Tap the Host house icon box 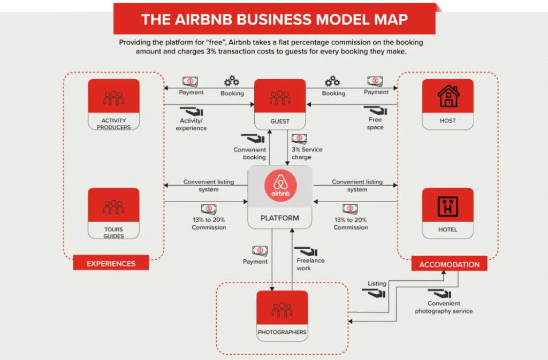pyautogui.click(x=447, y=104)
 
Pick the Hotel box pyautogui.click(x=447, y=213)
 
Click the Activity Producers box pyautogui.click(x=113, y=104)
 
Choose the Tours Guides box pyautogui.click(x=113, y=213)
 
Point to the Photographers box pyautogui.click(x=282, y=316)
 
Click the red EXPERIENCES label pyautogui.click(x=111, y=263)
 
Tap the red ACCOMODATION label pyautogui.click(x=449, y=264)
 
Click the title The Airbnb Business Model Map pyautogui.click(x=274, y=20)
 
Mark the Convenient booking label pyautogui.click(x=250, y=154)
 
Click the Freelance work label pyautogui.click(x=310, y=264)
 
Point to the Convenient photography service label pyautogui.click(x=444, y=308)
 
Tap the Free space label pyautogui.click(x=375, y=124)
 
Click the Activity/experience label pyautogui.click(x=191, y=125)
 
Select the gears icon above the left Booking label pyautogui.click(x=232, y=81)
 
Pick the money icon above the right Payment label pyautogui.click(x=376, y=81)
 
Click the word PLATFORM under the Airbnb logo pyautogui.click(x=279, y=218)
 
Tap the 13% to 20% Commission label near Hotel pyautogui.click(x=351, y=224)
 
